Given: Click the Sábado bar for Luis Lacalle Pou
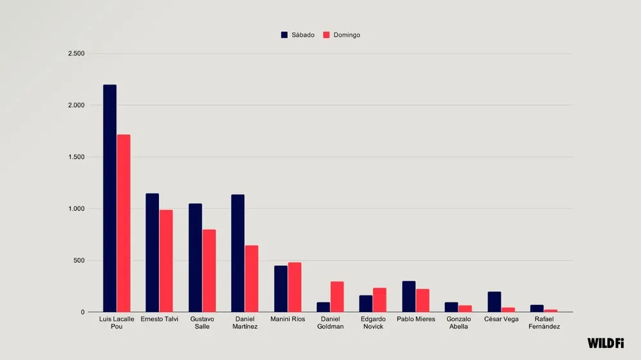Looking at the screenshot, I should (110, 199).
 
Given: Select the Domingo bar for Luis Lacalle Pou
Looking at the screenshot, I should (124, 224).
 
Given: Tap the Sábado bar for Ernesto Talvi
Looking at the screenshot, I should (152, 253).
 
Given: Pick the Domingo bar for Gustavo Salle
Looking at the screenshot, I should (209, 271).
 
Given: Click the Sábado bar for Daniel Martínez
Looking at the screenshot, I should (238, 254).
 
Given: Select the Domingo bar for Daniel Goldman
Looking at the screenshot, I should (337, 297).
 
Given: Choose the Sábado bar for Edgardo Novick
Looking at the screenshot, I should (366, 304).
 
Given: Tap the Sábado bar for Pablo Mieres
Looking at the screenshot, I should (409, 297).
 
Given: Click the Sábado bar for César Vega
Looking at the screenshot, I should (494, 302).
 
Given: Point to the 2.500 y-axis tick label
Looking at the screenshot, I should (76, 53).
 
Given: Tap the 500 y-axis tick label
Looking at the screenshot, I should (78, 261).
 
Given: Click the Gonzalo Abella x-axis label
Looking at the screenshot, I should (458, 322).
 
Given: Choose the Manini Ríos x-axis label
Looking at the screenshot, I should (287, 319).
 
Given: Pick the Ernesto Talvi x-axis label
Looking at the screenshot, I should (159, 319).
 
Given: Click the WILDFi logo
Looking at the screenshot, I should (606, 343).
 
